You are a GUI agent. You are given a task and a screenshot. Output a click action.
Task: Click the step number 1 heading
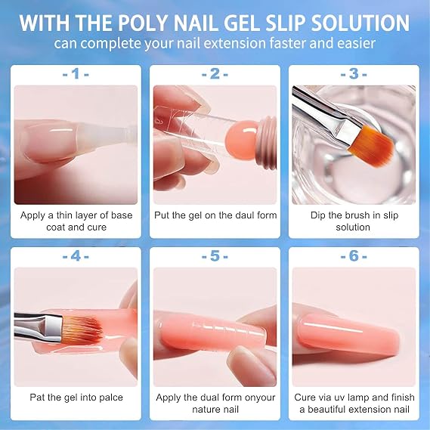pyautogui.click(x=76, y=74)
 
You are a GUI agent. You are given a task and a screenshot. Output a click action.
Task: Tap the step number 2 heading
pyautogui.click(x=215, y=74)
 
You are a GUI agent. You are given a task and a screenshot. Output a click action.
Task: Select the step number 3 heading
pyautogui.click(x=354, y=74)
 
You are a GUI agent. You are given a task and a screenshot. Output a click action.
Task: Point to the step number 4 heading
pyautogui.click(x=76, y=256)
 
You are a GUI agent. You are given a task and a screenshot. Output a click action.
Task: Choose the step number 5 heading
pyautogui.click(x=215, y=256)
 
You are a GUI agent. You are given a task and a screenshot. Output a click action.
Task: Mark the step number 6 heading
pyautogui.click(x=354, y=256)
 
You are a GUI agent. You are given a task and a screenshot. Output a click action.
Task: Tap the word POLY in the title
pyautogui.click(x=143, y=23)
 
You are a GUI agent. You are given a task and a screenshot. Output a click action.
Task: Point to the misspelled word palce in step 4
pyautogui.click(x=111, y=398)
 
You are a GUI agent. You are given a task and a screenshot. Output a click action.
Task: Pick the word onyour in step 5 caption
pyautogui.click(x=260, y=398)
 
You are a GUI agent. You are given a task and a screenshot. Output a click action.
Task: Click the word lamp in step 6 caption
pyautogui.click(x=359, y=397)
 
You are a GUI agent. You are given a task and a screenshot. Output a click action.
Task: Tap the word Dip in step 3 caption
pyautogui.click(x=318, y=215)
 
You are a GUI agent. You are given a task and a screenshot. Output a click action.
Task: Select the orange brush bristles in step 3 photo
pyautogui.click(x=370, y=144)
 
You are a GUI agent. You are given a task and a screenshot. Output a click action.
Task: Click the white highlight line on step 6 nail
pyautogui.click(x=333, y=328)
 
